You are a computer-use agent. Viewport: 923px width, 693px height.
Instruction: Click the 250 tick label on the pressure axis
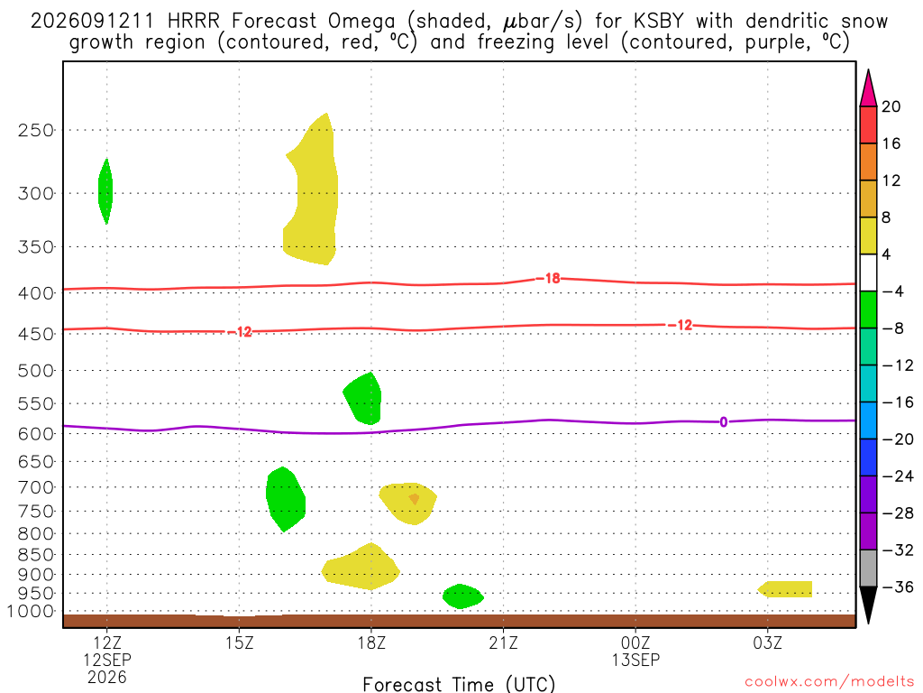click(x=35, y=130)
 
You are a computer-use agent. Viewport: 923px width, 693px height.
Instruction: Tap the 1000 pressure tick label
click(x=31, y=612)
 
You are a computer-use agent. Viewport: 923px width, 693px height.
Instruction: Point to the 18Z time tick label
click(x=371, y=642)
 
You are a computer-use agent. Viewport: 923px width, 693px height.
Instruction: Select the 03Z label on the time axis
click(x=768, y=642)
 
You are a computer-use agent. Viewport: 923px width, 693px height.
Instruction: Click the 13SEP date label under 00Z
click(x=635, y=660)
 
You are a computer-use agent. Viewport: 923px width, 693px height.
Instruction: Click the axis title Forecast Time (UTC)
click(x=459, y=684)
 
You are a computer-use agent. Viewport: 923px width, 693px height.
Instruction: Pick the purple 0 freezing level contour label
click(x=724, y=422)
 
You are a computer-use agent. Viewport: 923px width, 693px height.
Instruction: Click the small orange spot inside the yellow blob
click(x=415, y=499)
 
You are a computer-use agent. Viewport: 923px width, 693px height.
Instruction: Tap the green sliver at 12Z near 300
click(x=105, y=191)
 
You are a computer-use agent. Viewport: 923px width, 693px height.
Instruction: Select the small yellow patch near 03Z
click(x=786, y=589)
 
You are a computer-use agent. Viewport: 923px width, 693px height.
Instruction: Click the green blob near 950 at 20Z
click(x=462, y=596)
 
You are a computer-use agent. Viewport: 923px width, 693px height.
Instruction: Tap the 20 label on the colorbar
click(x=891, y=106)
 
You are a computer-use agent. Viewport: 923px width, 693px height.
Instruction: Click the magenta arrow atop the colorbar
click(x=868, y=88)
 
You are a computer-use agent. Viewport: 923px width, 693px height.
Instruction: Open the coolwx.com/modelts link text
click(x=829, y=682)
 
